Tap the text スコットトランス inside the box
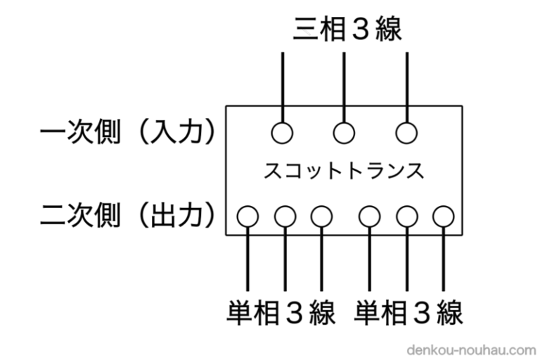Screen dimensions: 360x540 pyautogui.click(x=344, y=171)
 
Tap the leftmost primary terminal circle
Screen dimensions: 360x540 pyautogui.click(x=282, y=131)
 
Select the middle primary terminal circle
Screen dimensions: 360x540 pyautogui.click(x=344, y=131)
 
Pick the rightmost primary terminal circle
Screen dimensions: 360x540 pyautogui.click(x=406, y=131)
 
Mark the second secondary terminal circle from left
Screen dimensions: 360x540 pyautogui.click(x=284, y=215)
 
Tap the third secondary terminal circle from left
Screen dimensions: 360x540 pyautogui.click(x=321, y=215)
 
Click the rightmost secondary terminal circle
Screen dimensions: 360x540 pyautogui.click(x=443, y=215)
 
